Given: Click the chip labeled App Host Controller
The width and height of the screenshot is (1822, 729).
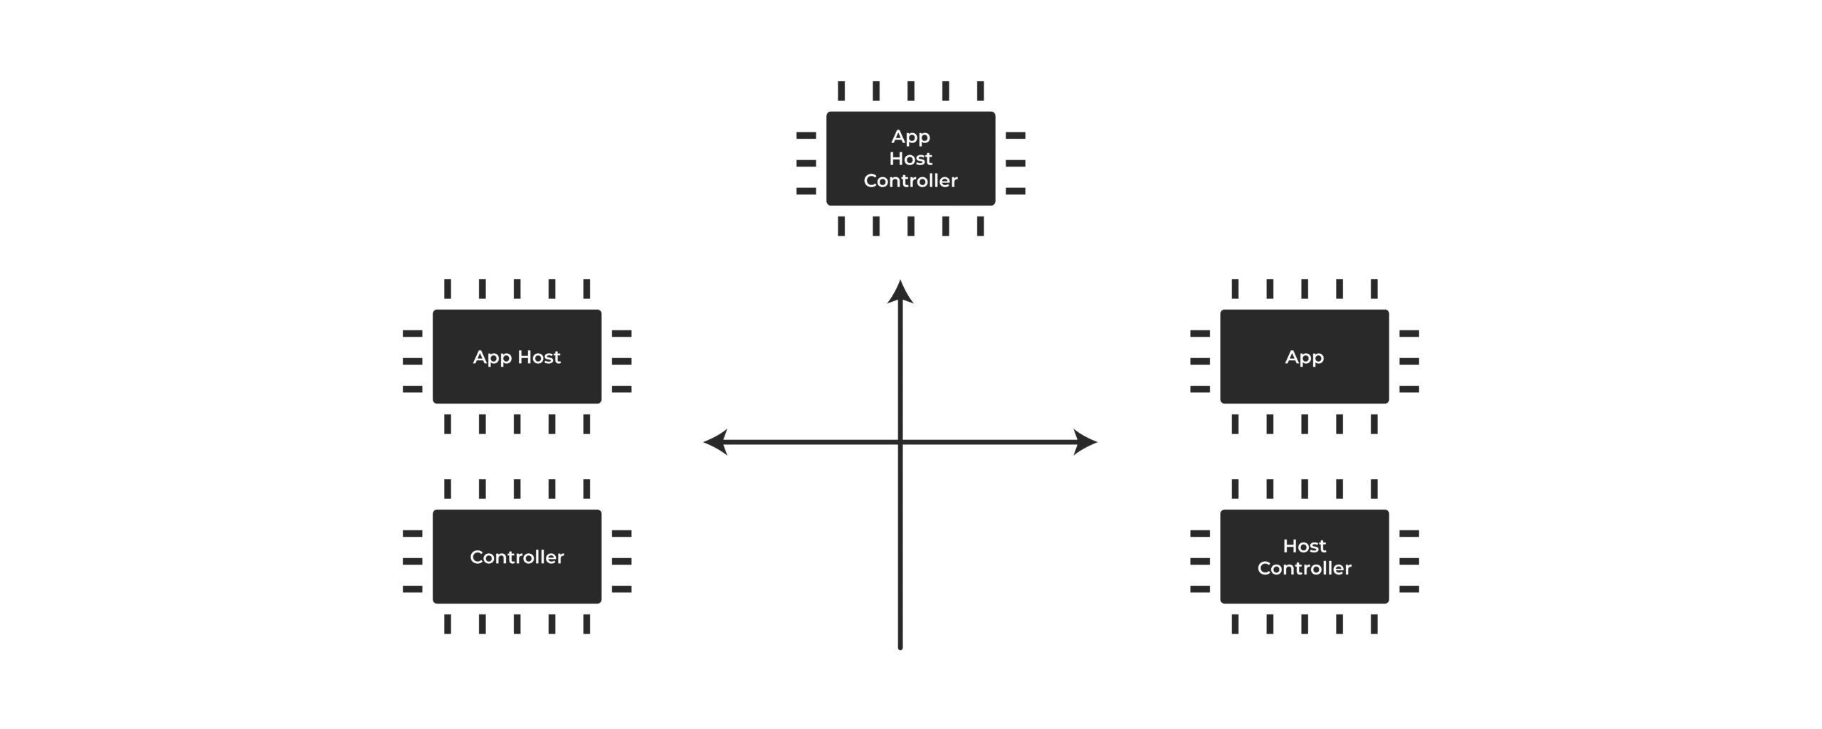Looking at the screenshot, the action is (910, 158).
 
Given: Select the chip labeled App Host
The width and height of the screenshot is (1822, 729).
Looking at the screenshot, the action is (517, 356).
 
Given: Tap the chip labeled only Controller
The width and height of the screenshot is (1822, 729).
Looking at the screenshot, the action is (517, 556).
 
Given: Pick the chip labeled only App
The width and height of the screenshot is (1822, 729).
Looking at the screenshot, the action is (1304, 356).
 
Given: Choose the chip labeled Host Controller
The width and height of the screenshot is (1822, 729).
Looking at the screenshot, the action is (1304, 556).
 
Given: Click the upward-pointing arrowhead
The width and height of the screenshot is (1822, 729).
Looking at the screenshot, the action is (900, 291).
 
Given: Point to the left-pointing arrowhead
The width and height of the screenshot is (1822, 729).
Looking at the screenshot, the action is (715, 442).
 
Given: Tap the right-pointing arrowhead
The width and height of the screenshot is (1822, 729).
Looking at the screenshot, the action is (1085, 442).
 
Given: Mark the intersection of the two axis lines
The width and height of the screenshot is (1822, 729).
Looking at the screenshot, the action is (900, 442).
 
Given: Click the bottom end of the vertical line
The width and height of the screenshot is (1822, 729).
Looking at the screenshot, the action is (900, 648).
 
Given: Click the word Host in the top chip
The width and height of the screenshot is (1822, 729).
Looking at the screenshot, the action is (910, 158).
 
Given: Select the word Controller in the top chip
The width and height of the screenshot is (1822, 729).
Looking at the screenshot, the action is (910, 181).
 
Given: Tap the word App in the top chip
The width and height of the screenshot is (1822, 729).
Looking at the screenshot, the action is (910, 137).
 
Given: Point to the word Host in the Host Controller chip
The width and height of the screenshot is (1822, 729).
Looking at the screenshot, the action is (1304, 546).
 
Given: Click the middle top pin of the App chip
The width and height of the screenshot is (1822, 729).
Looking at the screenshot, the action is (1304, 289).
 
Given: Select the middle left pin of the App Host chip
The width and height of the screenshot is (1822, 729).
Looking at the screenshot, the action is (412, 361).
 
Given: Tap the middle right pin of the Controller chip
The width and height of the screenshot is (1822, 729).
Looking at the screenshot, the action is (621, 561).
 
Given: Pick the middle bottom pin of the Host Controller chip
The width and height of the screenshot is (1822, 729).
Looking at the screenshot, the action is (1304, 624).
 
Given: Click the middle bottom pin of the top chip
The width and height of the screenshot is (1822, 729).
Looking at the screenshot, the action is (910, 226).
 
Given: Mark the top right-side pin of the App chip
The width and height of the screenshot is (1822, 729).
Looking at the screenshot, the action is (1408, 333).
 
